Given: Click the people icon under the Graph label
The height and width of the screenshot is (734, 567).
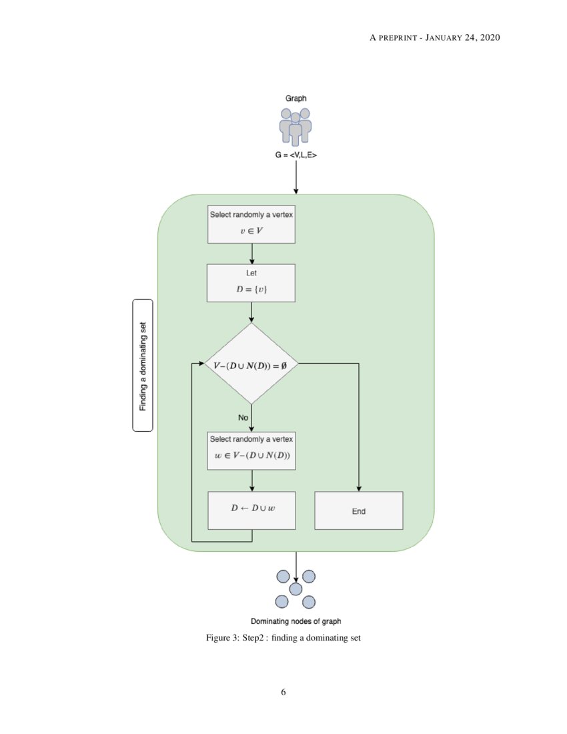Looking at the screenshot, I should coord(296,127).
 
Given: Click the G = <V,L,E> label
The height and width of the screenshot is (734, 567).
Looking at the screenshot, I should coord(296,157).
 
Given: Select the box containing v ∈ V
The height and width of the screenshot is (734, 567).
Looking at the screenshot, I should coord(251,224).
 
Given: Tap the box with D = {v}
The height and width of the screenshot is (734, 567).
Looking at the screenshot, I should coord(251,283).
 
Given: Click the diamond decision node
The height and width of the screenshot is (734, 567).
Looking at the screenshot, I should coord(251,364).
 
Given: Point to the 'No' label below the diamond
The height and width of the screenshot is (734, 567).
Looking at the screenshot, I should coord(243,417).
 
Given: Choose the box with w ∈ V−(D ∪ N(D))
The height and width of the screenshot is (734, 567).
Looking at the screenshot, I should coord(251,450).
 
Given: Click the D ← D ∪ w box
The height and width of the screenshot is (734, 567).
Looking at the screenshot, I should coord(251,510).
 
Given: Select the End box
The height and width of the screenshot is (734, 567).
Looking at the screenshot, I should coord(359,511).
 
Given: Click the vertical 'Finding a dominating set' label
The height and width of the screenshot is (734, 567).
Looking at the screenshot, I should coord(143,364).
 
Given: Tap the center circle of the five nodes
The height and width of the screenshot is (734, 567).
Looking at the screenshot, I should coord(296,589).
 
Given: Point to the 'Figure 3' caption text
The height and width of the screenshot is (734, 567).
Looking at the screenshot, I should coord(283,638).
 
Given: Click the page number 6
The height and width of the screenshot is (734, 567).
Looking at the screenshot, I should coord(283,692).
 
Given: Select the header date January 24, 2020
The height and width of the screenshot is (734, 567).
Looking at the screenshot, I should coord(466,37).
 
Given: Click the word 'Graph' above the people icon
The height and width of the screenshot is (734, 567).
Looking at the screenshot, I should coord(296,97).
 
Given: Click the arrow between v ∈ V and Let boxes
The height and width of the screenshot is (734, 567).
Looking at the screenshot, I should coord(251,254).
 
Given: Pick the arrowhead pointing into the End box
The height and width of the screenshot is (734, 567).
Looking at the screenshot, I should coord(359,488).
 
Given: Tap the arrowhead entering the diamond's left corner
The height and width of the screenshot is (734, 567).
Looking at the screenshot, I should coord(200,364).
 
